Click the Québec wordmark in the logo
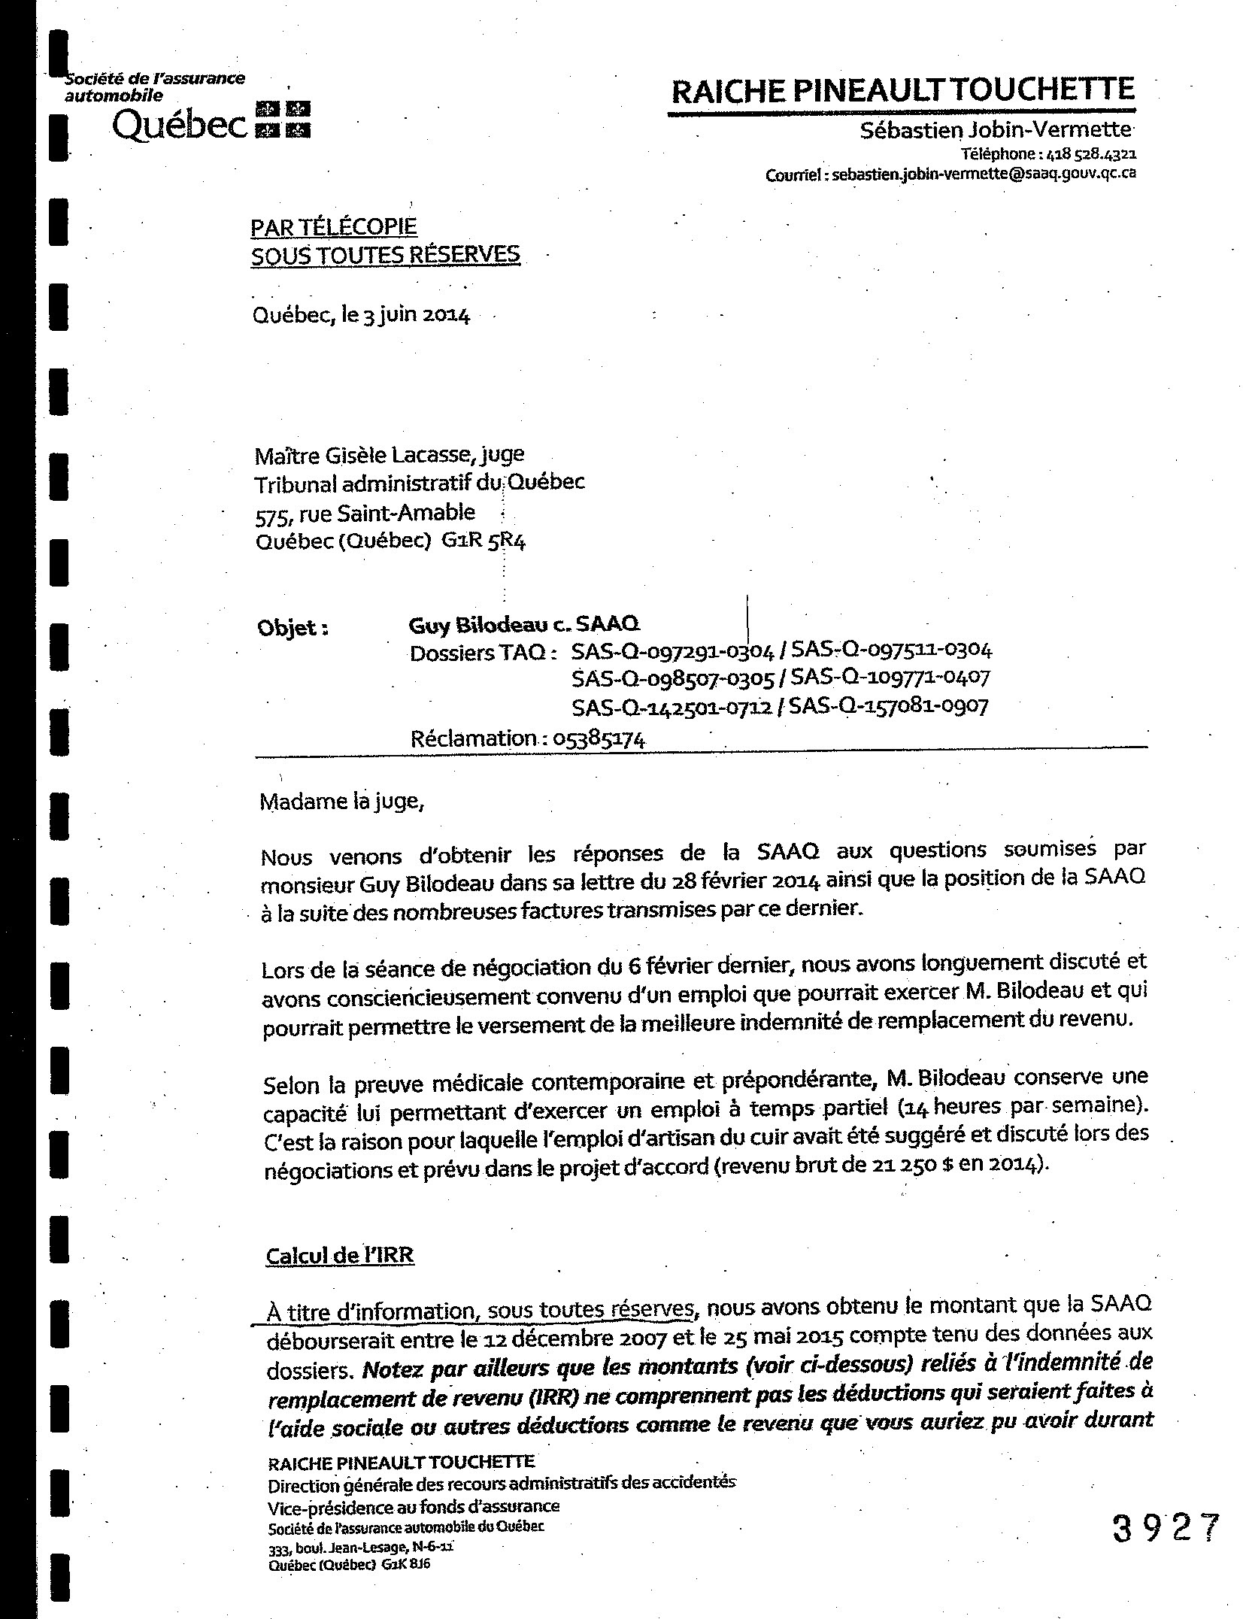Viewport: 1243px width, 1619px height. tap(179, 128)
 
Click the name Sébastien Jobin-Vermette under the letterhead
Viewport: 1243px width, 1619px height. tap(996, 130)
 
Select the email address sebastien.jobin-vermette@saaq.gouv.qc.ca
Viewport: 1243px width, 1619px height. tap(984, 174)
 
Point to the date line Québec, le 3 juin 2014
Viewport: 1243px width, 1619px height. tap(362, 315)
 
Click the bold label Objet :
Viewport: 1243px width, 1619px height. tap(293, 628)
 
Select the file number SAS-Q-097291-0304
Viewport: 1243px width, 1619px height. tap(672, 651)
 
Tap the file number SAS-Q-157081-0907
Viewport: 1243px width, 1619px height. tap(890, 706)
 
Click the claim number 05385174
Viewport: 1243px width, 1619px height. tap(599, 739)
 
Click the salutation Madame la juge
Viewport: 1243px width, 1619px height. tap(342, 802)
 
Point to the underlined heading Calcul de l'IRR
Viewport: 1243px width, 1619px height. tap(340, 1255)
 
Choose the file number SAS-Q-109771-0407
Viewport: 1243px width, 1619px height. tap(891, 678)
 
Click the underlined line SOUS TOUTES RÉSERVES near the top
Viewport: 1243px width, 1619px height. tap(385, 256)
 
